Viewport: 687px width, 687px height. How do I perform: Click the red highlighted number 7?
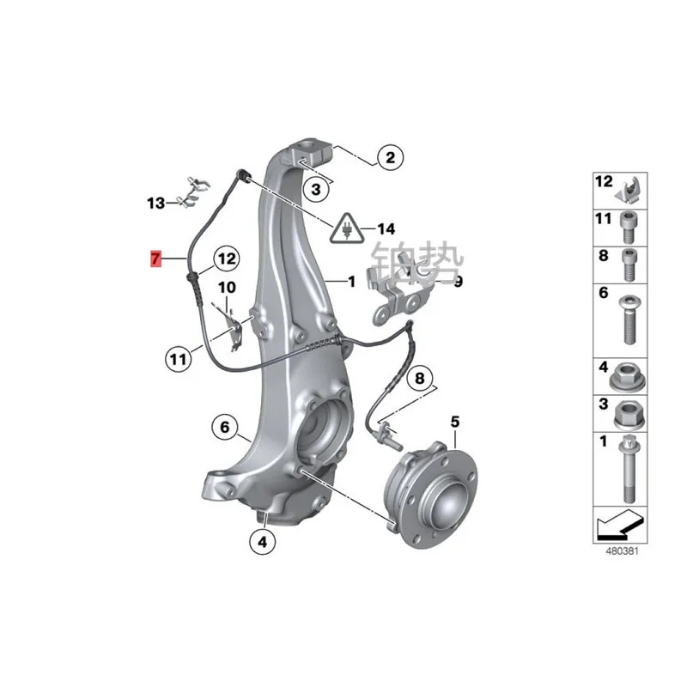(x=155, y=257)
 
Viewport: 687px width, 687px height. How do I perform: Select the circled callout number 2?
(x=389, y=157)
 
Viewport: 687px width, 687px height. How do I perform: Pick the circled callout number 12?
(x=225, y=257)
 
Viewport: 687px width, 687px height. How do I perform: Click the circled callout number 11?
(x=177, y=359)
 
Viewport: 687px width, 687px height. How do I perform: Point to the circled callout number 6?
(x=223, y=427)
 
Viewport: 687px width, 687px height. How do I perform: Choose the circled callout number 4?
(x=262, y=541)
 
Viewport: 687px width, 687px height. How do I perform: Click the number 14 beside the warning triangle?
(x=386, y=229)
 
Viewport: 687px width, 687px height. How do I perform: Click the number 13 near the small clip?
(x=155, y=204)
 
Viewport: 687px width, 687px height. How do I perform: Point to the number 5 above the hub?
(x=455, y=422)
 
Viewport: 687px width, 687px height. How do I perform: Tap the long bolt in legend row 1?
(x=625, y=472)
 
